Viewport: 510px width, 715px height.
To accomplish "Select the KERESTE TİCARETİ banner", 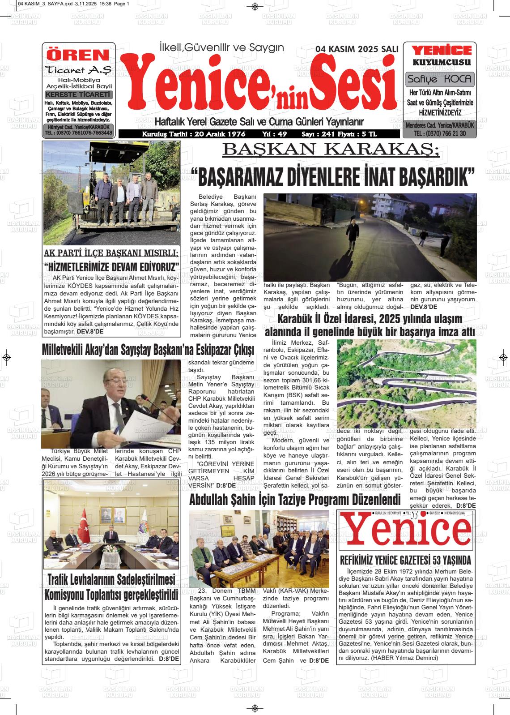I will coord(78,95).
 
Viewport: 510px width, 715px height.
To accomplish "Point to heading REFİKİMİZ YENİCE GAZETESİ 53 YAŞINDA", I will coord(406,560).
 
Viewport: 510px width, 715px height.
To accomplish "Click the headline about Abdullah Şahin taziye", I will coord(294,500).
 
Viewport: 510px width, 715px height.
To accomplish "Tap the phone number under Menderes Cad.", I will coord(440,133).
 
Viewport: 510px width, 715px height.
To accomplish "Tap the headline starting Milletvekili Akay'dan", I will coord(148,349).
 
